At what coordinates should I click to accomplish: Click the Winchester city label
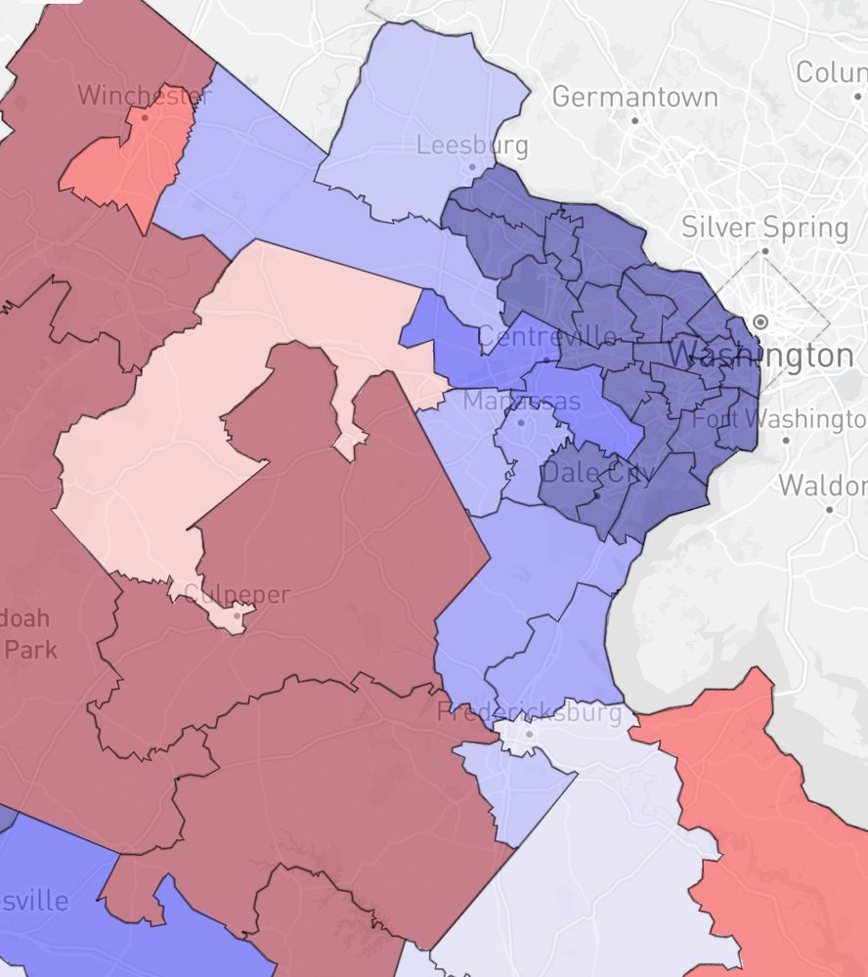(145, 96)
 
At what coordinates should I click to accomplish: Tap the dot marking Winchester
(145, 117)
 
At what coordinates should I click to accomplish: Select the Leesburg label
(472, 146)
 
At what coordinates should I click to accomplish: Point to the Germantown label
(634, 97)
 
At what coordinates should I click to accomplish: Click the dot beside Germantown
(634, 120)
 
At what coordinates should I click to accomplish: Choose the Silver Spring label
(764, 228)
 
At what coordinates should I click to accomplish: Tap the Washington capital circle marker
(760, 321)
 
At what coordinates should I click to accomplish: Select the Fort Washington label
(780, 418)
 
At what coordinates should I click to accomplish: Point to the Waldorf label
(823, 485)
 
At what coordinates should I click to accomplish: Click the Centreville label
(547, 337)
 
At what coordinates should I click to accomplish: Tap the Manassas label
(522, 401)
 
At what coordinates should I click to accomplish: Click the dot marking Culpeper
(238, 616)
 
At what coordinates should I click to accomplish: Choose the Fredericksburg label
(529, 712)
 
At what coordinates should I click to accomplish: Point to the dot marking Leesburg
(472, 167)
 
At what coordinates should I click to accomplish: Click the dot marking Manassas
(521, 422)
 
